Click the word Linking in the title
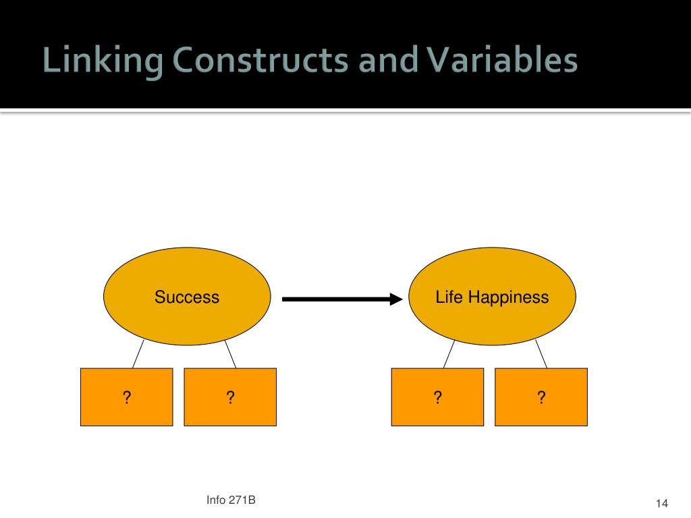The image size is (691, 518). point(101,61)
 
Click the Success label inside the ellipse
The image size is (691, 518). point(187,297)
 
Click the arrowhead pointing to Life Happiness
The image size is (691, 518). point(395,298)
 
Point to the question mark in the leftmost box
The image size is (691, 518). point(126,397)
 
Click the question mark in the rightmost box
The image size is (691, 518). point(541,397)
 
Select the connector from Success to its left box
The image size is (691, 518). point(138,353)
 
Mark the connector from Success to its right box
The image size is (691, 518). point(230,353)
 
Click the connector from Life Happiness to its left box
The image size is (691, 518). point(449,353)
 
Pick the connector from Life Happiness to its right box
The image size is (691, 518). point(541,353)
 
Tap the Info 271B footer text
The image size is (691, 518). point(231,500)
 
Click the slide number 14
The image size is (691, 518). point(661,504)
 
